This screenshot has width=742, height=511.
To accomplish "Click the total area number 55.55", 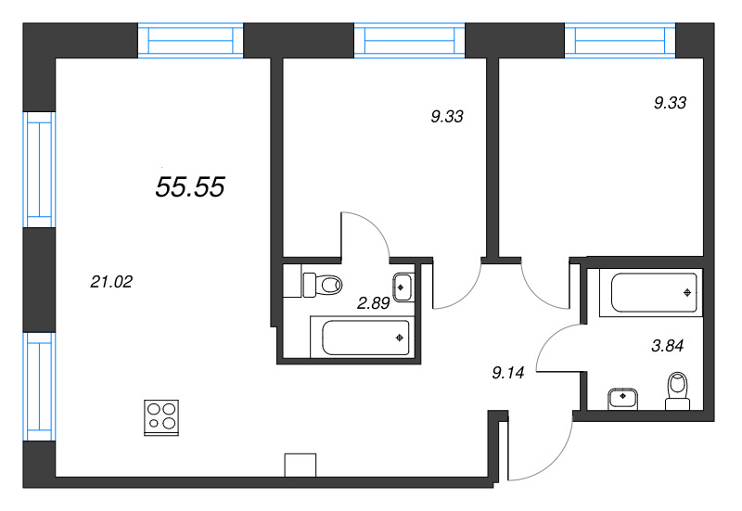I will pyautogui.click(x=190, y=187).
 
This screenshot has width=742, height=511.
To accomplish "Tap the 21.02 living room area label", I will pyautogui.click(x=111, y=282).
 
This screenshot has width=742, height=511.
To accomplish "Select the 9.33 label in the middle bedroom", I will pyautogui.click(x=446, y=117).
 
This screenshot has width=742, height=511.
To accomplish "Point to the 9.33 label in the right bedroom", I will pyautogui.click(x=670, y=104).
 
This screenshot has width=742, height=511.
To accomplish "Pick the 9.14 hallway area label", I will pyautogui.click(x=509, y=374).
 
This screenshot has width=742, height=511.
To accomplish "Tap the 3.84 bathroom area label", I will pyautogui.click(x=666, y=348).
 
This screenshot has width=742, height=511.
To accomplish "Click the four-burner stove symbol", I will pyautogui.click(x=161, y=416).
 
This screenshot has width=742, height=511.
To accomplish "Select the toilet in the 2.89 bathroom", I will pyautogui.click(x=320, y=283).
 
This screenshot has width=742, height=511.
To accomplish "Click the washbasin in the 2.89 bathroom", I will pyautogui.click(x=403, y=287).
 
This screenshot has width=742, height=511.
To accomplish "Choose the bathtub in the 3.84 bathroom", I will pyautogui.click(x=649, y=292).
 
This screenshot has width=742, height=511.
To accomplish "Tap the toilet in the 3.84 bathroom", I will pyautogui.click(x=679, y=390).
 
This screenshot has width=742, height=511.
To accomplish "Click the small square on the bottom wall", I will pyautogui.click(x=301, y=464).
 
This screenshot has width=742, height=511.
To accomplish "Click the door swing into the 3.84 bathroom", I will pyautogui.click(x=559, y=348).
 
